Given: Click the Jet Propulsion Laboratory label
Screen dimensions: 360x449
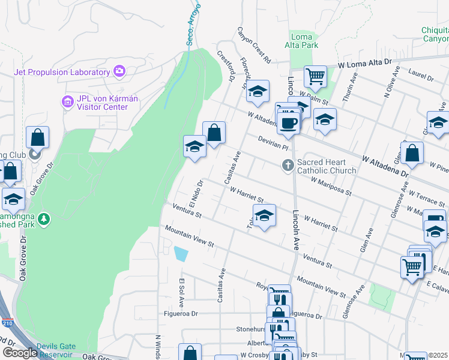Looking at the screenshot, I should point(62,72).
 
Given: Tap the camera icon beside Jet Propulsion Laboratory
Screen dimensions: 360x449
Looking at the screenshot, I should point(119,72).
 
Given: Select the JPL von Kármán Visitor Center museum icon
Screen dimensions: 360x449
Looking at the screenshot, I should point(67,103).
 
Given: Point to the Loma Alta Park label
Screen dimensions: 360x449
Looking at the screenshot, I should point(301,41).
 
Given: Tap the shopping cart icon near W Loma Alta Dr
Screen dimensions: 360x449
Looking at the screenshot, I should point(315,76).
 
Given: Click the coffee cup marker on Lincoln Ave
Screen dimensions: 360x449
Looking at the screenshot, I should point(289,122).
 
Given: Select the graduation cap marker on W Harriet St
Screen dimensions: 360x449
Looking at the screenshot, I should point(264,215).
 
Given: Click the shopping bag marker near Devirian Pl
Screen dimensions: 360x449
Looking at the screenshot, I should point(214,132).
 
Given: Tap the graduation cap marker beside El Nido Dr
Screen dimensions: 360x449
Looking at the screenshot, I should point(194,146).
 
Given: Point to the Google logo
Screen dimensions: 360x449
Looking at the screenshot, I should point(19,353).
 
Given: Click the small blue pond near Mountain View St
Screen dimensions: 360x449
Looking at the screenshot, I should point(180,254).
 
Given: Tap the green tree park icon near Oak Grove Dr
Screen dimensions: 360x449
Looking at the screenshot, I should point(43,220).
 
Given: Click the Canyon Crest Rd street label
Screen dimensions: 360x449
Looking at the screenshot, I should point(254,45).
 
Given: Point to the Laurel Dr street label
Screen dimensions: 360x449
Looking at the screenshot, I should point(421,77).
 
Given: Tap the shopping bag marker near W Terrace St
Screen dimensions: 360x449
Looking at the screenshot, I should point(412,154).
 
